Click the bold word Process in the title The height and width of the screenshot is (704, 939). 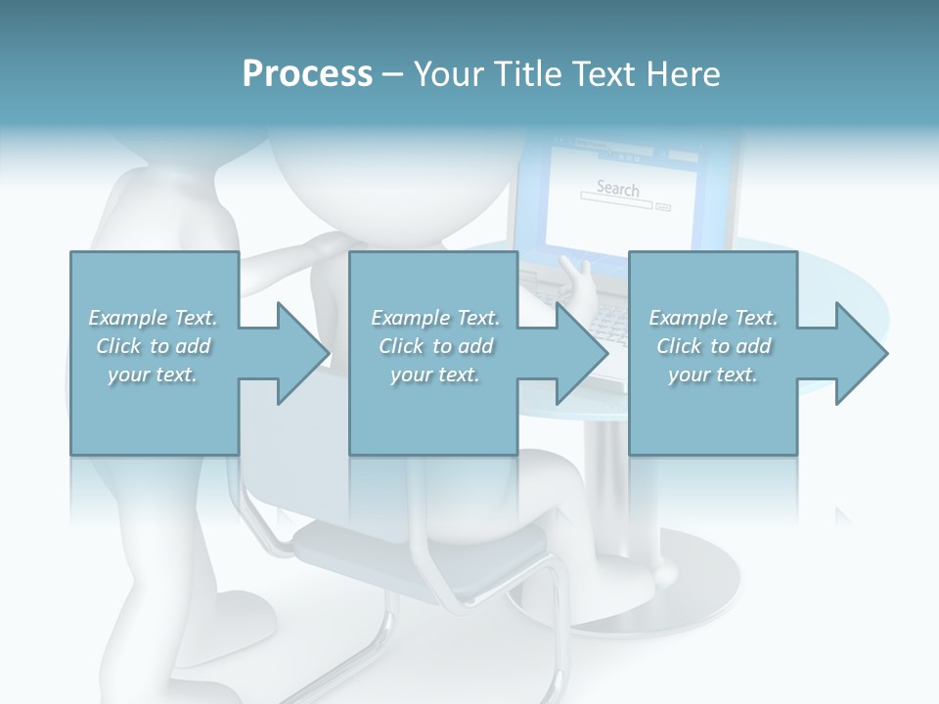(307, 74)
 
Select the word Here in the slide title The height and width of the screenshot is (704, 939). (683, 74)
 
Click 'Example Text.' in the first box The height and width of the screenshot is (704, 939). (153, 318)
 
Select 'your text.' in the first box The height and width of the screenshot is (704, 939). (153, 374)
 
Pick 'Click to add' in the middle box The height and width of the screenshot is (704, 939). (435, 346)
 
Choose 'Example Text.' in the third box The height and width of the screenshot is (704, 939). (713, 318)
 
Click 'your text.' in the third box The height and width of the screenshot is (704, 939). (713, 374)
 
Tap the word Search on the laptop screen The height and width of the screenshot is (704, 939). (617, 188)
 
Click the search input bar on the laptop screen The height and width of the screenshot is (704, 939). (616, 205)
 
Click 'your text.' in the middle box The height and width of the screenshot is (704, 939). (435, 374)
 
